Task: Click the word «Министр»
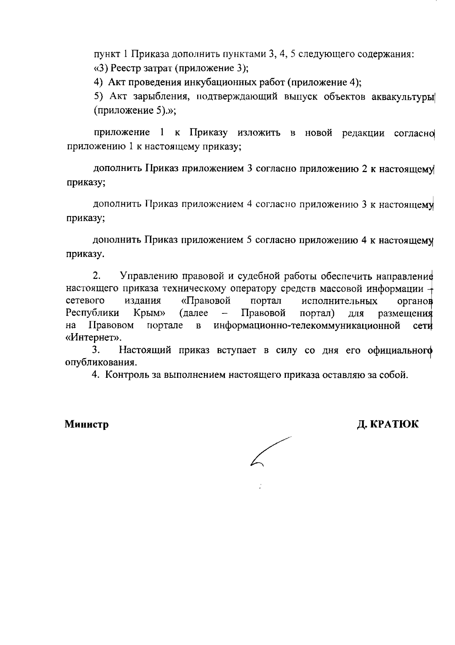click(86, 424)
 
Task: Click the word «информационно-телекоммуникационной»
click(307, 326)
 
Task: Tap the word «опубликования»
click(101, 362)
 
